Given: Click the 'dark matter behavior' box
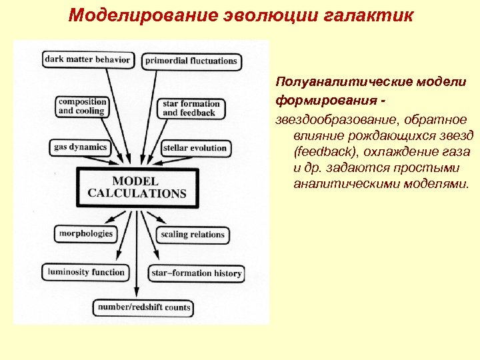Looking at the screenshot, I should point(88,59).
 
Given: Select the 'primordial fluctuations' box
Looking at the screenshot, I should point(191,61).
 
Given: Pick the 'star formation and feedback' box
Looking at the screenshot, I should point(190,108).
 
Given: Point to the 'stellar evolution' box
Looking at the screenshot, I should point(195,147).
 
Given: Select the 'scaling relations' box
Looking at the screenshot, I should point(193,235).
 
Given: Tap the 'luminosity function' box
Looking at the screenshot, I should point(86,272).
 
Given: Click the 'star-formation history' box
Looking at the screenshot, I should point(197,273).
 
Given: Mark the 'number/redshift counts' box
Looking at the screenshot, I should point(143,308).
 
